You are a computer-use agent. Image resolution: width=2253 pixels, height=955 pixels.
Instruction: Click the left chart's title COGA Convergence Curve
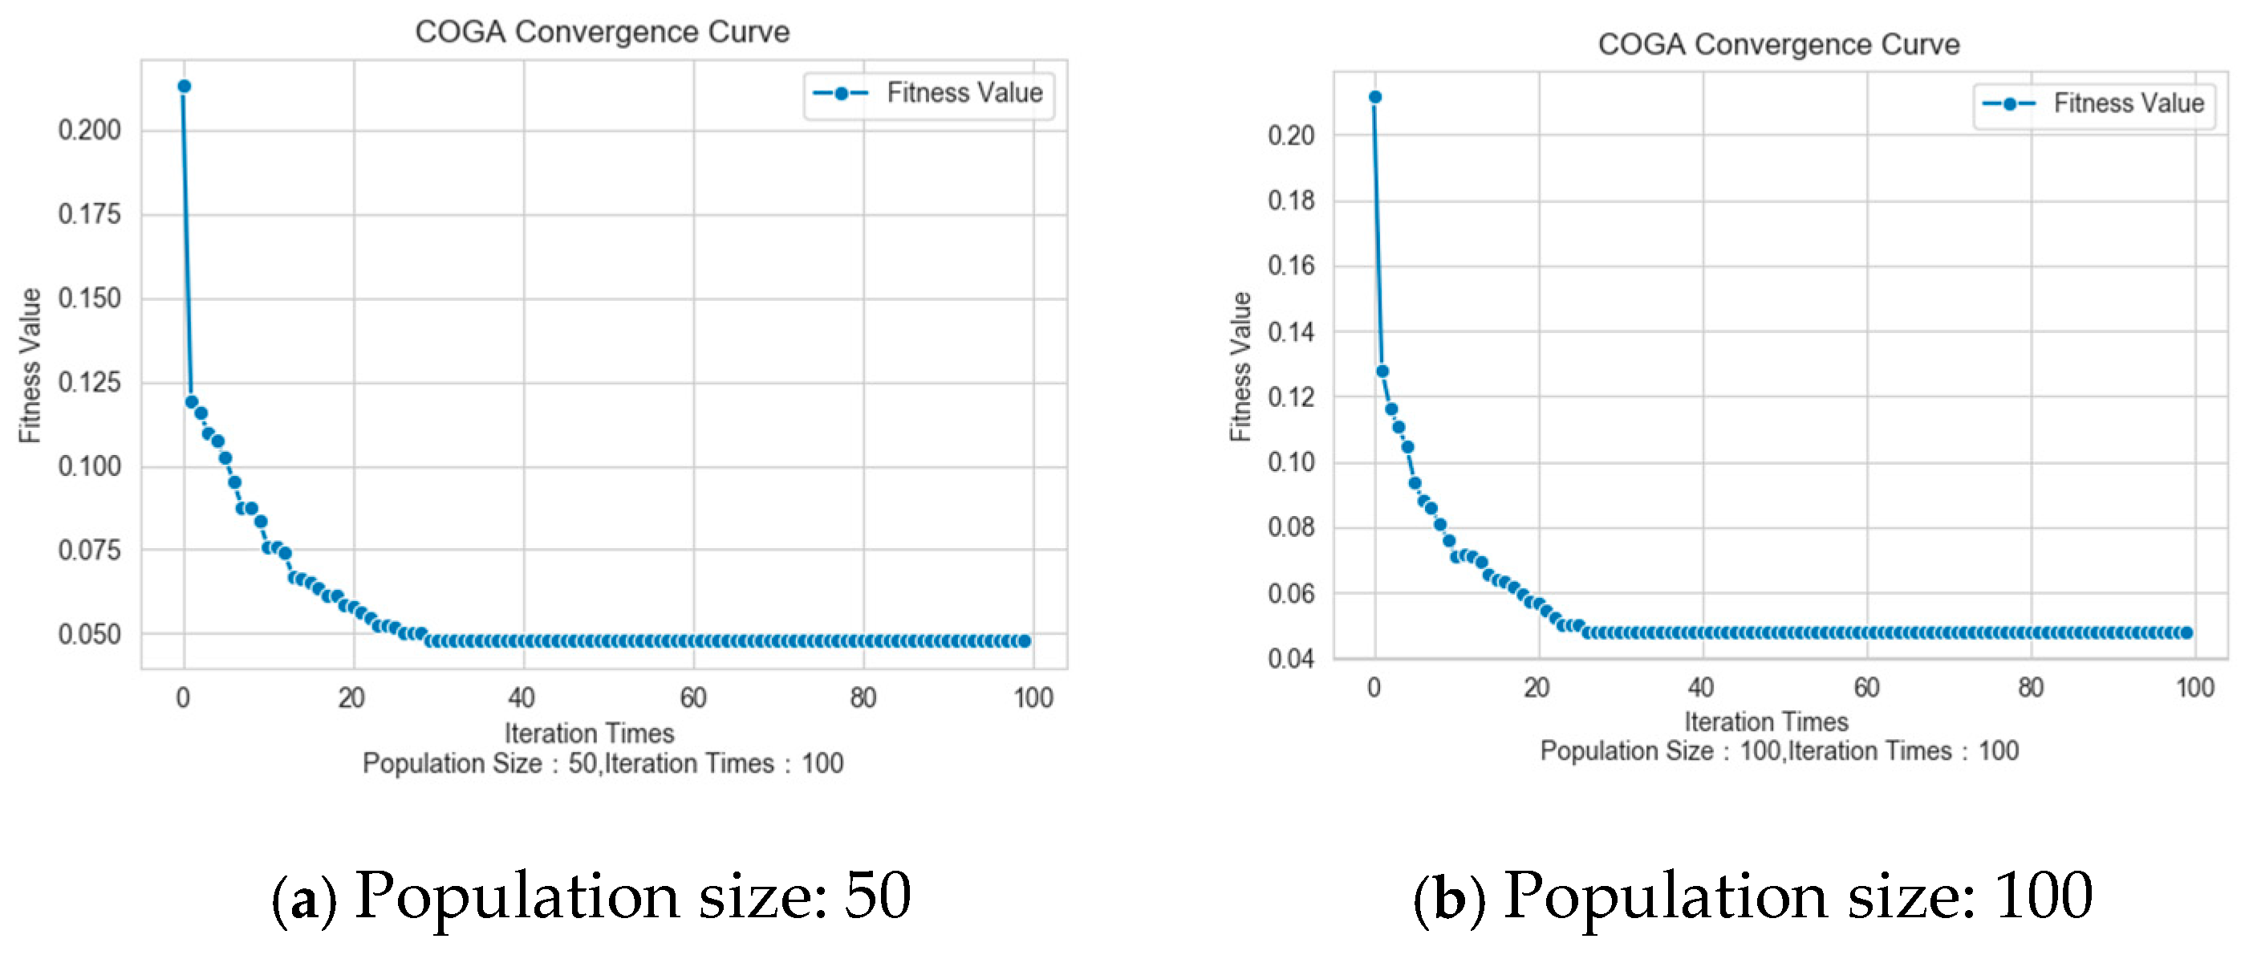click(x=602, y=31)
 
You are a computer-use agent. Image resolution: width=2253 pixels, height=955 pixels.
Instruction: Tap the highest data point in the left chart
click(x=185, y=86)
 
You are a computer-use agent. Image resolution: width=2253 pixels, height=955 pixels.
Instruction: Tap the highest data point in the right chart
click(x=1375, y=96)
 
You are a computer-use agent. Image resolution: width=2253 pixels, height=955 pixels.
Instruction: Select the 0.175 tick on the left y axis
click(x=89, y=214)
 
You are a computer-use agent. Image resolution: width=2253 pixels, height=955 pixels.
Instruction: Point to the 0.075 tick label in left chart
click(x=89, y=550)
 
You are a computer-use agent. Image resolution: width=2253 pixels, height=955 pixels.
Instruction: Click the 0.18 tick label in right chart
click(x=1291, y=201)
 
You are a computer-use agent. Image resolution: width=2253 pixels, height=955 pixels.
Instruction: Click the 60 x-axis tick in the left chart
click(x=692, y=698)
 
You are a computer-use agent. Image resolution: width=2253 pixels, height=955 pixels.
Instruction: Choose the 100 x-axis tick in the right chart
click(x=2194, y=688)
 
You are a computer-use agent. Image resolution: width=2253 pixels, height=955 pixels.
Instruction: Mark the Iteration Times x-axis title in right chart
click(x=1766, y=721)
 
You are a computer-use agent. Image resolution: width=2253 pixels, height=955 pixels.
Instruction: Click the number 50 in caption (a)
click(x=877, y=896)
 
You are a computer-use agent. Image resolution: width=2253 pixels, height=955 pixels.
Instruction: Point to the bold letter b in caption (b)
click(x=1448, y=898)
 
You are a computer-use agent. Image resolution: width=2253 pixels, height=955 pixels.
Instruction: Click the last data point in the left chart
click(x=1024, y=641)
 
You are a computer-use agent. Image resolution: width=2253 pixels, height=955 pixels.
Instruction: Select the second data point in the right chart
click(x=1382, y=371)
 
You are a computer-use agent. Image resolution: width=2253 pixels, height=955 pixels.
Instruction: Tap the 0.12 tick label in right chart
click(x=1291, y=397)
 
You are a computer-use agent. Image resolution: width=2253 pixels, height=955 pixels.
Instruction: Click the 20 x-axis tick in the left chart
click(x=351, y=698)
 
